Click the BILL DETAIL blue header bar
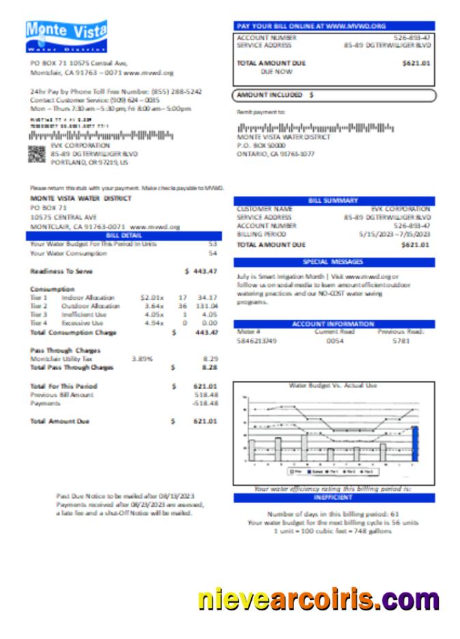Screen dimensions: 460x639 click(124, 235)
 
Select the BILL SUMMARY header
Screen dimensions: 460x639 click(333, 201)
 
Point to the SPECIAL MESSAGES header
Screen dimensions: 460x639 click(333, 261)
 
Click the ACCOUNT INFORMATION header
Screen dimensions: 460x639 click(333, 324)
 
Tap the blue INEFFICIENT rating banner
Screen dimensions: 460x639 click(333, 498)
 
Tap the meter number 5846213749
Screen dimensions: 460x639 click(257, 340)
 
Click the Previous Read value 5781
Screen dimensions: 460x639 click(401, 340)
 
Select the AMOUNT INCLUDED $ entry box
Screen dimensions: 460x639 click(333, 96)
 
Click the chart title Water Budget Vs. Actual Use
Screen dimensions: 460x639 click(333, 386)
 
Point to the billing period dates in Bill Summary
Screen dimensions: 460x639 click(394, 233)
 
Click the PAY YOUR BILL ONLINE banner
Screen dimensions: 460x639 click(333, 25)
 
